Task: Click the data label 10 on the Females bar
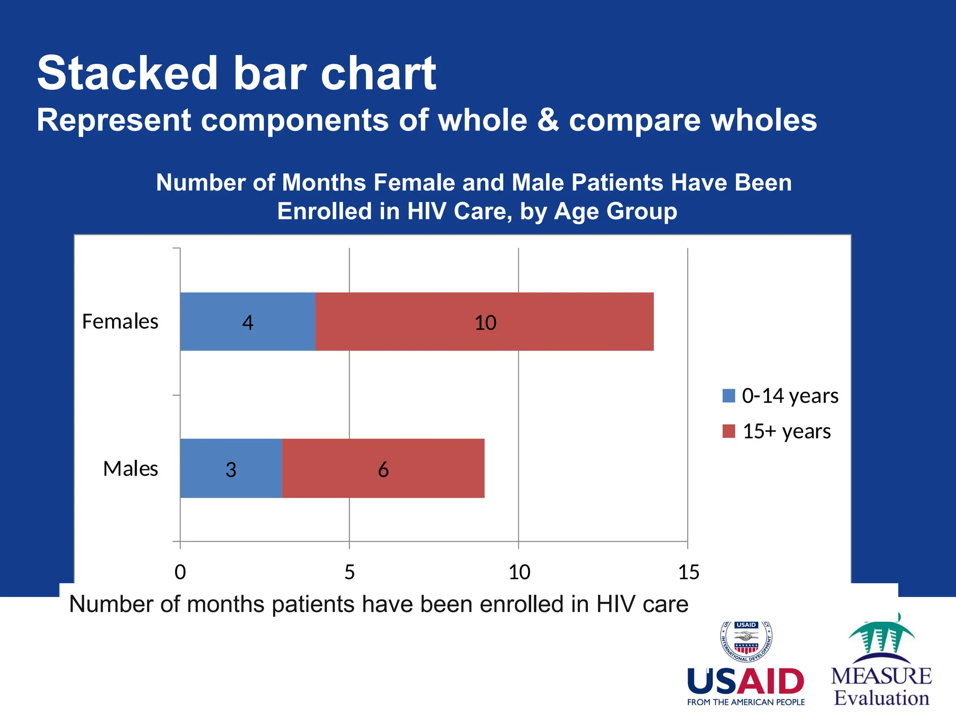pos(485,323)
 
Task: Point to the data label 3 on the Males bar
pos(231,470)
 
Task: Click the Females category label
pos(120,322)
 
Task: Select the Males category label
pos(130,469)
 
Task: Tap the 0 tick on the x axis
pos(180,572)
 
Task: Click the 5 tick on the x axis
pos(350,572)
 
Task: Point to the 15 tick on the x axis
pos(689,572)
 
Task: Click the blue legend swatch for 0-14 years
pos(729,396)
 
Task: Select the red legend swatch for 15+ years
pos(729,431)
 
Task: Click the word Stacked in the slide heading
pos(127,73)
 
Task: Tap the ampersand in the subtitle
pos(548,120)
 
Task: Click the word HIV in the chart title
pos(427,211)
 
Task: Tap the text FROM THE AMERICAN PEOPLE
pos(746,702)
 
